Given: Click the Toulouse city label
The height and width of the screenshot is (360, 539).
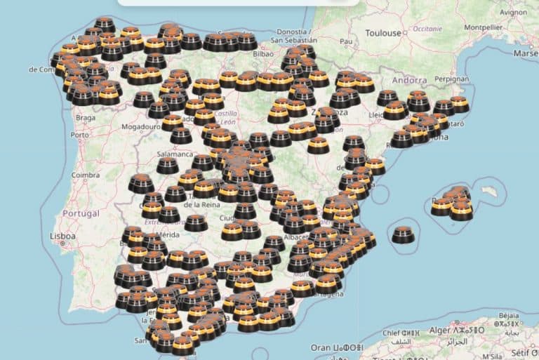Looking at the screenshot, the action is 383,32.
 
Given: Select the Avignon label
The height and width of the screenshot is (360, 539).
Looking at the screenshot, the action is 514,12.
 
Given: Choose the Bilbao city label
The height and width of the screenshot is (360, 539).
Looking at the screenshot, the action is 262,53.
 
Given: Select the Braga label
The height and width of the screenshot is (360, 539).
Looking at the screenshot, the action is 85,118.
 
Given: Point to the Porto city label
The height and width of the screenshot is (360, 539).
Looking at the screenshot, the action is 80,135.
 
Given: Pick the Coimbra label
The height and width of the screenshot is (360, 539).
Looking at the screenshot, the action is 86,175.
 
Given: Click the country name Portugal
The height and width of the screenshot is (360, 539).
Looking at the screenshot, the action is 81,213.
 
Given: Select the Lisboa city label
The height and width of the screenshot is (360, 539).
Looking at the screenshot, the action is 62,236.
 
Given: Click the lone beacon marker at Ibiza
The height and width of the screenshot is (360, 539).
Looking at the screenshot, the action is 403,234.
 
